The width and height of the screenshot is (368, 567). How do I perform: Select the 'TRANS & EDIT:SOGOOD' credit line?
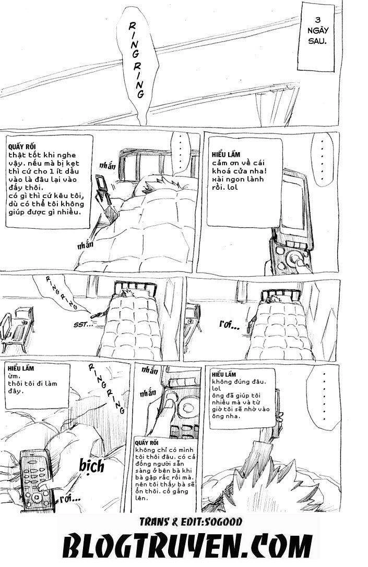click(x=184, y=521)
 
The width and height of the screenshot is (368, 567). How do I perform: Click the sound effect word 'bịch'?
click(x=90, y=464)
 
